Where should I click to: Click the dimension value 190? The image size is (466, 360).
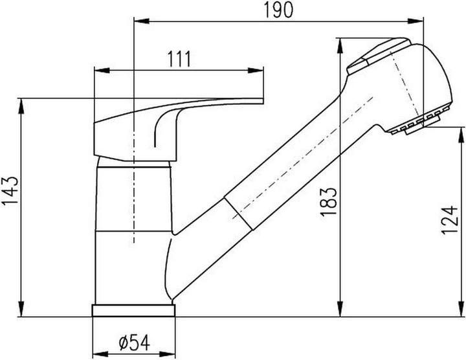pyautogui.click(x=278, y=9)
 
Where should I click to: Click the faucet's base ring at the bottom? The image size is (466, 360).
pyautogui.click(x=135, y=311)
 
